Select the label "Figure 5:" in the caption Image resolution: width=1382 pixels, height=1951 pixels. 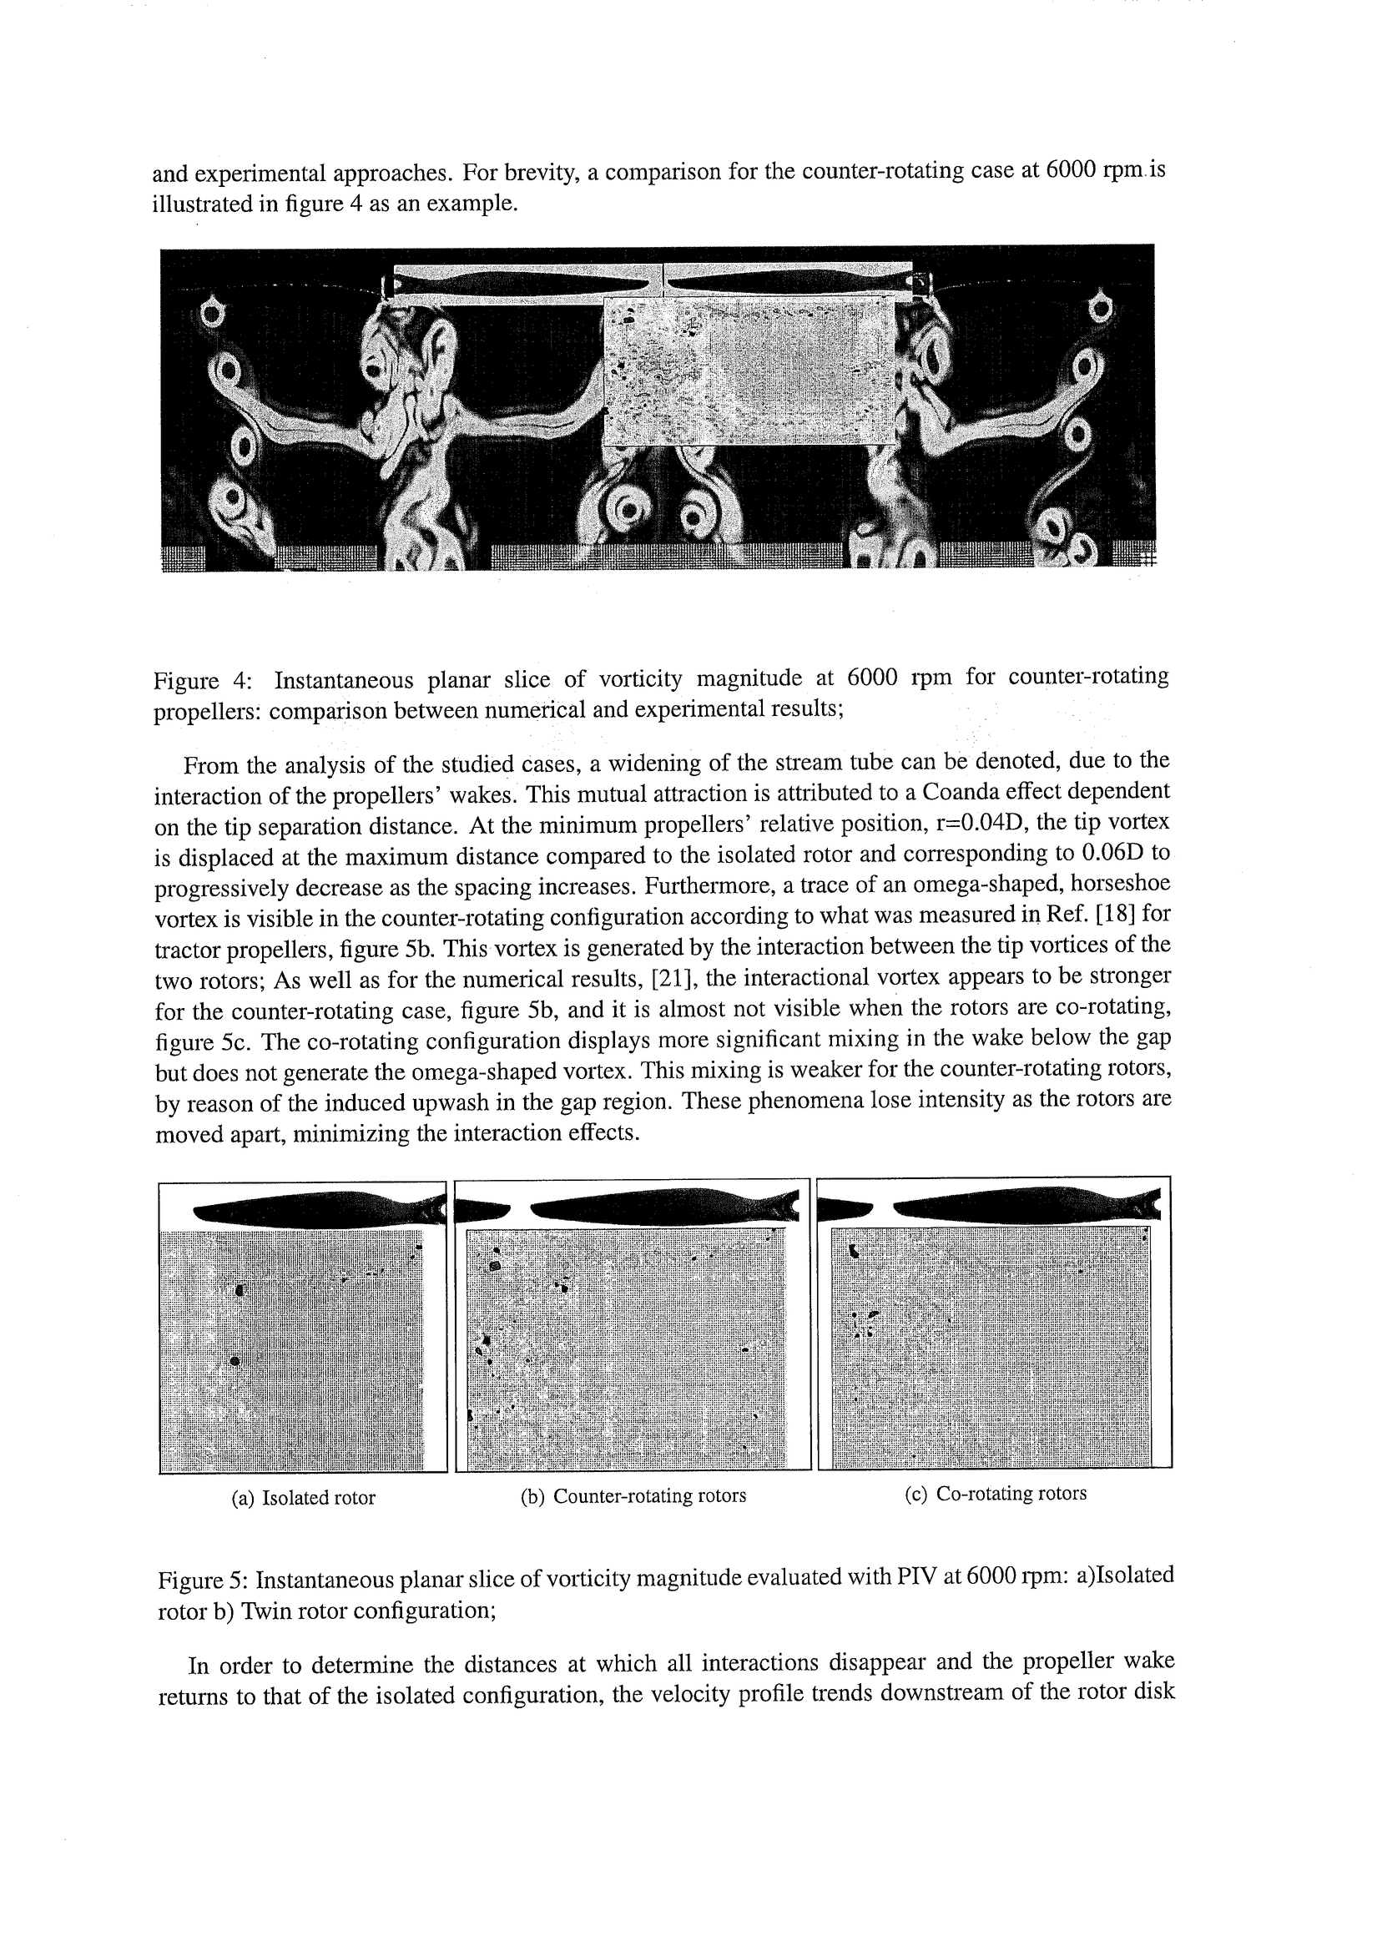pos(203,1580)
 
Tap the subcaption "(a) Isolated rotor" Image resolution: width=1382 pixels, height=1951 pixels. pos(304,1498)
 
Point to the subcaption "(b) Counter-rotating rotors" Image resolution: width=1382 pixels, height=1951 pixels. pos(633,1496)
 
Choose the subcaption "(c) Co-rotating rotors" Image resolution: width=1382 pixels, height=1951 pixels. pos(995,1493)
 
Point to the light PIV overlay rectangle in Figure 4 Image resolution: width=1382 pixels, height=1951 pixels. pos(749,372)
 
